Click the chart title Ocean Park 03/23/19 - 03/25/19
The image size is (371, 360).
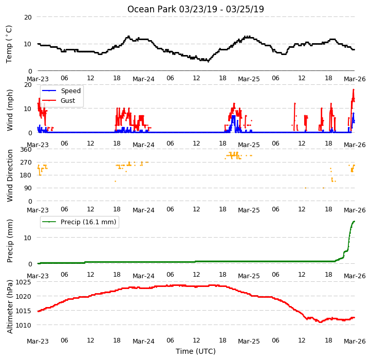coord(195,9)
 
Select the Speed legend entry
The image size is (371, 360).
coord(61,91)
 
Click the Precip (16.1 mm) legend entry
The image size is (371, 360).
coord(79,222)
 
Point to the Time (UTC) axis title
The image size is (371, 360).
coord(195,351)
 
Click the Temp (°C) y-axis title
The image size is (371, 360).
coord(9,44)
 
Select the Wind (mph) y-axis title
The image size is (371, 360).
coord(9,110)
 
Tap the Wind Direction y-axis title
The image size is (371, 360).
coord(9,175)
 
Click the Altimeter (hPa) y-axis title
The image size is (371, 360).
coord(9,307)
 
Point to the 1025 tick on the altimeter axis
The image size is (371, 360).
coord(23,282)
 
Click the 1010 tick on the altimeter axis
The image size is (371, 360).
coord(23,325)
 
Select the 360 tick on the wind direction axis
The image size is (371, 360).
coord(26,150)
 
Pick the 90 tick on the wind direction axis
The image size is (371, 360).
coord(28,188)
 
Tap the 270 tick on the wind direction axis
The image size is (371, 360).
coord(26,163)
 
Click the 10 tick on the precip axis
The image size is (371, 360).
coord(28,238)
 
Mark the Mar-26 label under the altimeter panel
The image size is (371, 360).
coord(355,341)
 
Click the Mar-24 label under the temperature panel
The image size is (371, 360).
coord(143,79)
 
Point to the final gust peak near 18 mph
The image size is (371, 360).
coord(354,89)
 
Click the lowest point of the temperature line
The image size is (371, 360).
coord(208,62)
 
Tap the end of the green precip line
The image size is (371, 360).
coord(354,221)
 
